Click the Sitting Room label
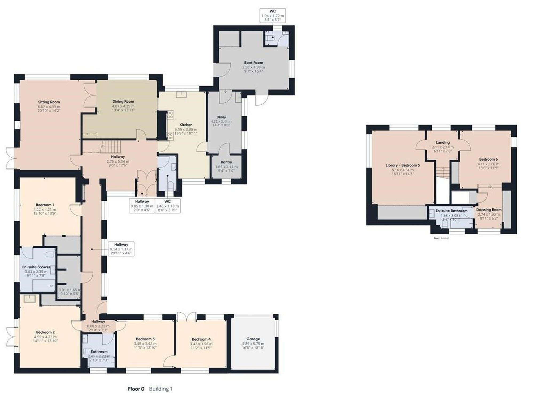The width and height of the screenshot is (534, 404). pos(49,102)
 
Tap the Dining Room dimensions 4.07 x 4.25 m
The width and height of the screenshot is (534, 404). pos(123,106)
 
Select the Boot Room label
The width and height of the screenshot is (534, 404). pos(253,63)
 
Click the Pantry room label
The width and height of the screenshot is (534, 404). pos(226,162)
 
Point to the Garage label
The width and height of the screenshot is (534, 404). pos(253,339)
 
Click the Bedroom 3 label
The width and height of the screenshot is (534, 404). pos(145,339)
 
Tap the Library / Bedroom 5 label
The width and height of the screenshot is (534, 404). pos(403,165)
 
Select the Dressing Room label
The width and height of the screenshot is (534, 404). pos(489,210)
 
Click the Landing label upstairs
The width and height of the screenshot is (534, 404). pos(443,143)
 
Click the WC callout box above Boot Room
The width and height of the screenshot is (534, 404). pos(273,15)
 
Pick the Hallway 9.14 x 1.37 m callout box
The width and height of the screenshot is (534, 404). pos(121,249)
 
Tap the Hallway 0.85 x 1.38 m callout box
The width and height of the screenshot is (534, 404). pos(142,206)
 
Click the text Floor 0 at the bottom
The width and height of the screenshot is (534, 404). pos(136,389)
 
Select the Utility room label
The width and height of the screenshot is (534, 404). pos(221,117)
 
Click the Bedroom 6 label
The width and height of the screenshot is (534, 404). pos(488,159)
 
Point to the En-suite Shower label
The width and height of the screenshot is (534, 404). pos(36,267)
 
